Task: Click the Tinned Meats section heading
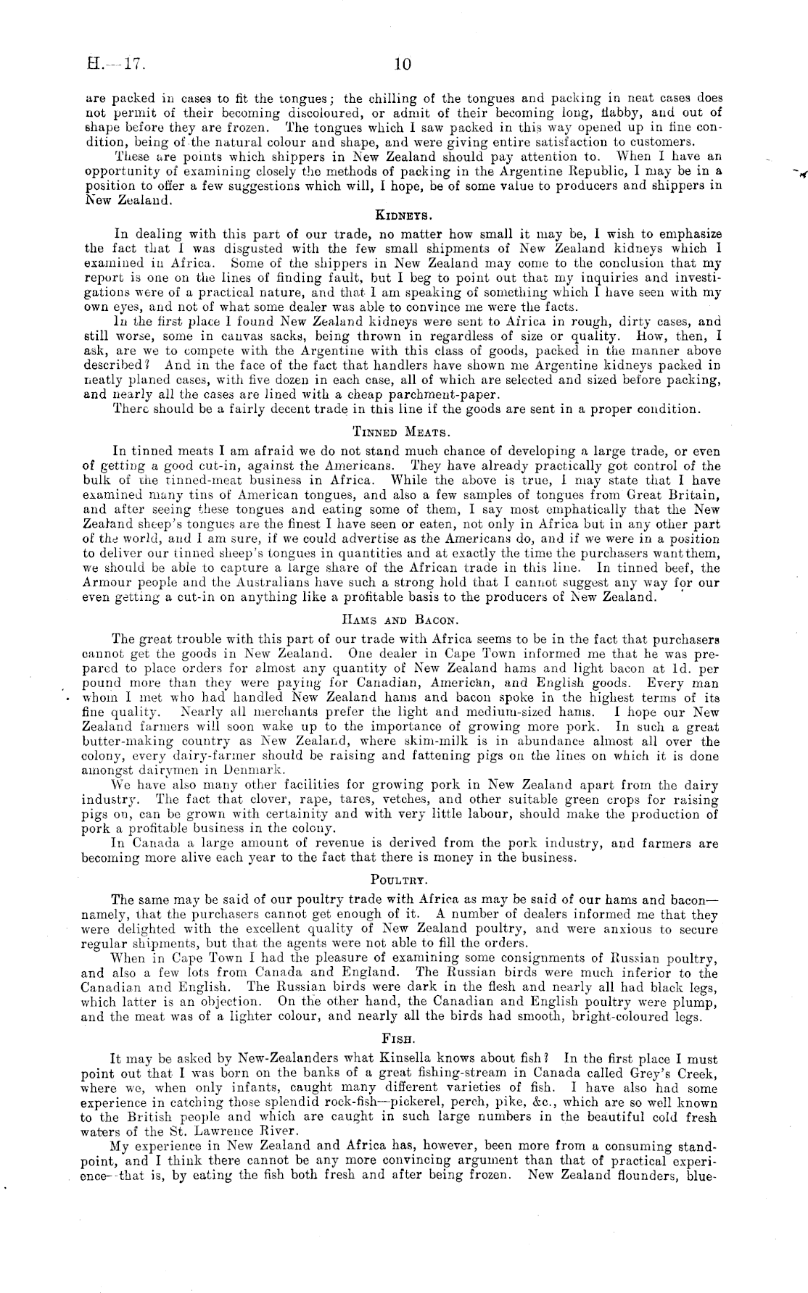point(403,432)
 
